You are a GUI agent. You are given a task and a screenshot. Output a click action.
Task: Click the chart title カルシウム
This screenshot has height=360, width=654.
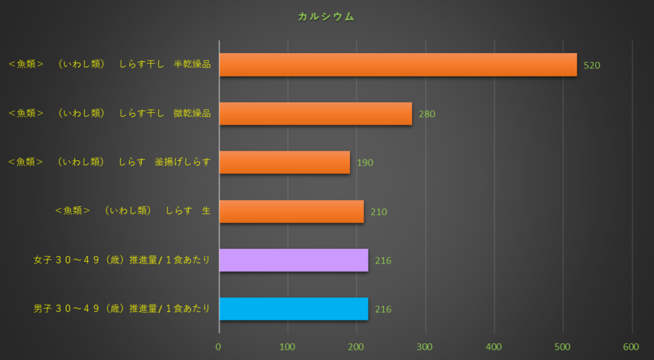(326, 17)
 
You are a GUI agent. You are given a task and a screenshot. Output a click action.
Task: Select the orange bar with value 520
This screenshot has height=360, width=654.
(398, 64)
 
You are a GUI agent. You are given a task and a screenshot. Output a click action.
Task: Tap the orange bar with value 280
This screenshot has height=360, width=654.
(316, 114)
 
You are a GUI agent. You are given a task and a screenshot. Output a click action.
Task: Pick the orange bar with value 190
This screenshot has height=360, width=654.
(285, 162)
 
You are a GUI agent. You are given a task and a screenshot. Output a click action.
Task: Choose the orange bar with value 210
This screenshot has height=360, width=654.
(291, 211)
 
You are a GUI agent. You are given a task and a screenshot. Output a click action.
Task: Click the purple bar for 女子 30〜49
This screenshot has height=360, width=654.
(294, 260)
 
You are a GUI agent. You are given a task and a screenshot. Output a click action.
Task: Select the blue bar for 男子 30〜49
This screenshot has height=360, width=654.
(294, 309)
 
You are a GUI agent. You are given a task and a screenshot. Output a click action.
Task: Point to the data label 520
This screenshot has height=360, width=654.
(592, 65)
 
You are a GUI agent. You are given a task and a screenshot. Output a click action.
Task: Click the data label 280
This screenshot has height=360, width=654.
(427, 114)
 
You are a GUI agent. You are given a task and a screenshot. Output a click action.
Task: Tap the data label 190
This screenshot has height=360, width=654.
(365, 163)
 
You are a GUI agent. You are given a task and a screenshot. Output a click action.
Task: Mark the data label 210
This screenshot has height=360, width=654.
(379, 212)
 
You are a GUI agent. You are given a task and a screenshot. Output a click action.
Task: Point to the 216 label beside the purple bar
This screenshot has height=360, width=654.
(383, 260)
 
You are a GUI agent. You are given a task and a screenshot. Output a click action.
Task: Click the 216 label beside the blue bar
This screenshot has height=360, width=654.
(383, 310)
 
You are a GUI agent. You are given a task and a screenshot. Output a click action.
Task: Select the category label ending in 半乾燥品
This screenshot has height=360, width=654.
(109, 64)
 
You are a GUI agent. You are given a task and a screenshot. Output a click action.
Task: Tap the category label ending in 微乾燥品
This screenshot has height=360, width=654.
(109, 113)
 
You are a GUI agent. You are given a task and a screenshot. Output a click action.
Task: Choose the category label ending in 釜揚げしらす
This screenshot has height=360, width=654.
(109, 162)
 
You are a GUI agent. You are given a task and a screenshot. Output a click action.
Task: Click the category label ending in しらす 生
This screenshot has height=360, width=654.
(133, 211)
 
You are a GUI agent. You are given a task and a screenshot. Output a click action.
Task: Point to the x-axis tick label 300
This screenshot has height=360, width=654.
(425, 347)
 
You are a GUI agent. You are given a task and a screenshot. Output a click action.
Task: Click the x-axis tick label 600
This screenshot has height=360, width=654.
(631, 347)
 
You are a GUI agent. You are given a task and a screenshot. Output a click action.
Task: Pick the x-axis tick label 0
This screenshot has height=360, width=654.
(218, 347)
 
